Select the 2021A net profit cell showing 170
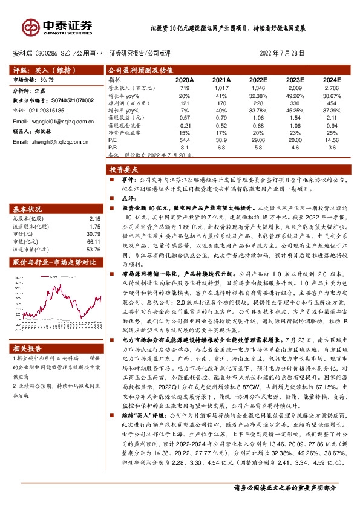[x=222, y=103]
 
